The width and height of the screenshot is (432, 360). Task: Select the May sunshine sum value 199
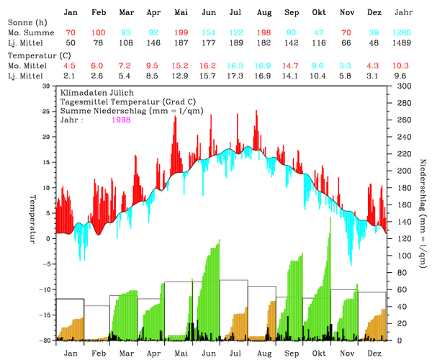(x=181, y=34)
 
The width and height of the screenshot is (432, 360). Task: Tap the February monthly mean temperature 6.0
(x=98, y=66)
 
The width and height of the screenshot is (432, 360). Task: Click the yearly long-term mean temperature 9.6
(x=402, y=76)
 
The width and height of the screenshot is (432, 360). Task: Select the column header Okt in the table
(x=319, y=13)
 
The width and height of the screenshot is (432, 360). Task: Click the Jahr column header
(x=405, y=13)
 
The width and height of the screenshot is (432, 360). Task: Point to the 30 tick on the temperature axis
(x=48, y=86)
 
